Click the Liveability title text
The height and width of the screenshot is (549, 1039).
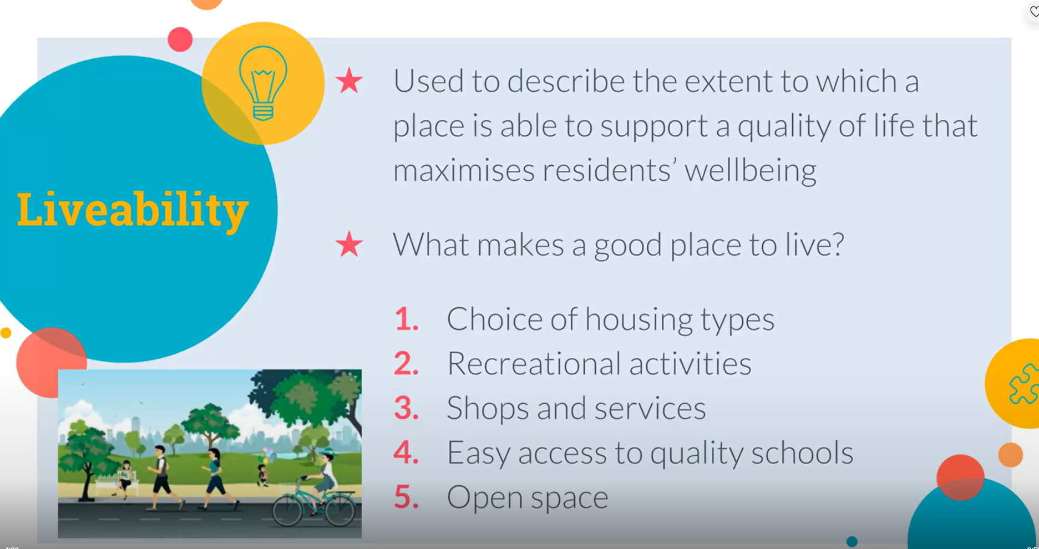pos(133,210)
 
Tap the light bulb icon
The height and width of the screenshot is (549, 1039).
pos(263,83)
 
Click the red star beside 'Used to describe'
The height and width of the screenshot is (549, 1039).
pos(349,81)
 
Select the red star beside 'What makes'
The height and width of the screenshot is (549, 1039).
pos(349,244)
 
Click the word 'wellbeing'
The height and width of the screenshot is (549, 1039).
pos(750,170)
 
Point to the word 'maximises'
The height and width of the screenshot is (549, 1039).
pos(463,170)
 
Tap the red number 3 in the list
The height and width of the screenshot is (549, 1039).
pos(406,408)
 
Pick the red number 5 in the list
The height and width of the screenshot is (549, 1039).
pos(406,496)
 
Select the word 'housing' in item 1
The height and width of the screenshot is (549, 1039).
pos(638,320)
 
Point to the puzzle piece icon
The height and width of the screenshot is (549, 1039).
pos(1024,384)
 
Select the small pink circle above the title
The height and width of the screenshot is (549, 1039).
pos(180,39)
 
